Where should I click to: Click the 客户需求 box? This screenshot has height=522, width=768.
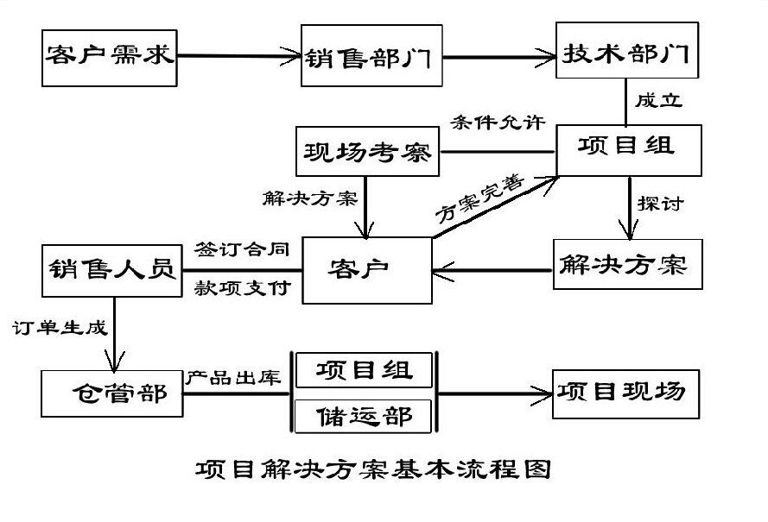click(110, 57)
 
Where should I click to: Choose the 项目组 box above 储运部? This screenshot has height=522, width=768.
click(363, 370)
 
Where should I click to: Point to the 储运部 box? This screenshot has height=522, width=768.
click(363, 416)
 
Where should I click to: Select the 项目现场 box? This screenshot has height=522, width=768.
click(625, 393)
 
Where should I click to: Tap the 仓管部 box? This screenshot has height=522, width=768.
click(112, 393)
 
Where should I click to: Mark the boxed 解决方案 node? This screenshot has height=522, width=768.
click(625, 264)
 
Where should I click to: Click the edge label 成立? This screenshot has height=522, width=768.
click(658, 101)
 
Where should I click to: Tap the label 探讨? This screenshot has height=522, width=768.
click(661, 204)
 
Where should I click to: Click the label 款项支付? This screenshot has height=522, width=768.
click(243, 287)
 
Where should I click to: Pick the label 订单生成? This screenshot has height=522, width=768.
click(60, 328)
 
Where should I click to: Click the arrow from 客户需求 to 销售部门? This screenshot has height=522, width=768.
click(238, 57)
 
